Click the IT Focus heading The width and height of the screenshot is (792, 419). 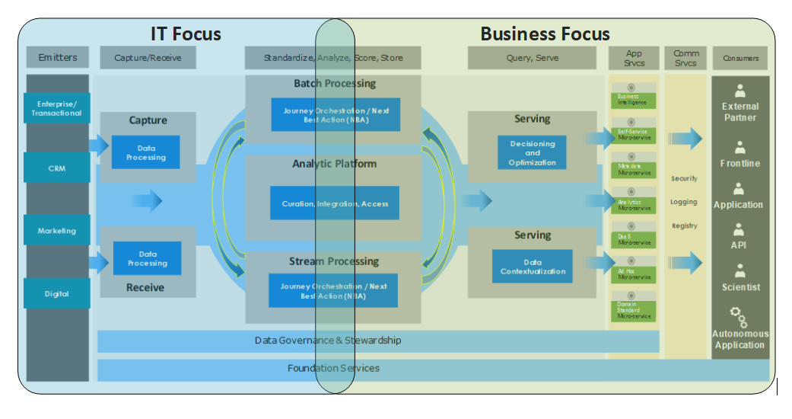tap(186, 34)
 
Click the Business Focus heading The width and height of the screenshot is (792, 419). tap(545, 34)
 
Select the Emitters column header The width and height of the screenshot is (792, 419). tap(58, 58)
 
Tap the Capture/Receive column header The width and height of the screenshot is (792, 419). tap(147, 58)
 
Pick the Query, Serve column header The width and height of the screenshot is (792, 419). tap(532, 58)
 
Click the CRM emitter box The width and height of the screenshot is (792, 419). tap(57, 168)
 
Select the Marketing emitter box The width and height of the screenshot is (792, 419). tap(57, 230)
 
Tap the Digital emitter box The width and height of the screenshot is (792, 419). tap(57, 293)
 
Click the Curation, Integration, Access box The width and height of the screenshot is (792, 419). tap(335, 203)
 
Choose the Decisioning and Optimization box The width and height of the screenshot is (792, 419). tap(533, 152)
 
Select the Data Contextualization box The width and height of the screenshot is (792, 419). tap(533, 267)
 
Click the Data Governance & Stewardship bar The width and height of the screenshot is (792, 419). tap(327, 341)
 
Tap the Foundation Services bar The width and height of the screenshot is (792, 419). tap(333, 369)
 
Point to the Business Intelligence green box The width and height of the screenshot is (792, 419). tap(633, 99)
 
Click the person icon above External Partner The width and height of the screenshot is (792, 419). tap(740, 91)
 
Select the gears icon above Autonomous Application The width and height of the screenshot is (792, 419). tap(739, 316)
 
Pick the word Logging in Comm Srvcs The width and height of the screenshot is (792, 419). tap(685, 202)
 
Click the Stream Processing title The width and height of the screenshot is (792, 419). tap(333, 261)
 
